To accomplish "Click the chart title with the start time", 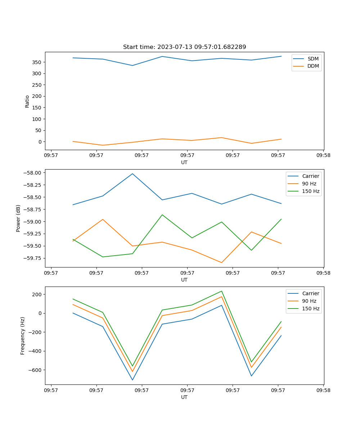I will (x=184, y=47).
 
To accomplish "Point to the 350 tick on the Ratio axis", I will (x=37, y=62).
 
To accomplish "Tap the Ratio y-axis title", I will (x=27, y=101).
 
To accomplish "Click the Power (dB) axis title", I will (x=18, y=218).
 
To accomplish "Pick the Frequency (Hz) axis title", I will (x=23, y=336).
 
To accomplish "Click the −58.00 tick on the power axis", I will (x=33, y=173).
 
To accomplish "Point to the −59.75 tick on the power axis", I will (x=33, y=258).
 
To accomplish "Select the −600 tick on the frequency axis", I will (x=35, y=370).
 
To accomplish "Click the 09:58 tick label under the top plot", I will (x=323, y=156).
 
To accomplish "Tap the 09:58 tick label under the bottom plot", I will (x=323, y=390).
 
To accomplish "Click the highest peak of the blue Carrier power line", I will (x=132, y=174).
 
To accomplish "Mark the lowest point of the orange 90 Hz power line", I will (x=221, y=262).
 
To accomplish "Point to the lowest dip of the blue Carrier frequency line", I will (x=132, y=380).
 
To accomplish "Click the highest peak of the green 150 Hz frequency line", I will (x=221, y=291).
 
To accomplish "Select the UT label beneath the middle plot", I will (x=184, y=280).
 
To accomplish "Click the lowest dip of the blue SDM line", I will (x=132, y=66).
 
